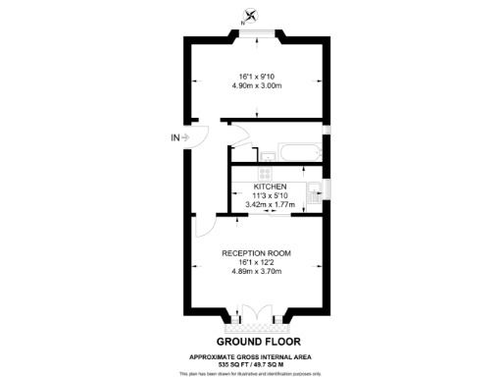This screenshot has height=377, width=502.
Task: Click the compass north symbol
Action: pos(251,15)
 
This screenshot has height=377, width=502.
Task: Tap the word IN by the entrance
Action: pos(175,138)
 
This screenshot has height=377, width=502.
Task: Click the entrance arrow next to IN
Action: pos(185,138)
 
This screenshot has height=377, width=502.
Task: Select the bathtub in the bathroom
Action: pos(300,153)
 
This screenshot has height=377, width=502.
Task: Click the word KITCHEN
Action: pos(270,186)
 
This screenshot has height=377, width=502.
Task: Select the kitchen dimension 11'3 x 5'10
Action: pos(270,194)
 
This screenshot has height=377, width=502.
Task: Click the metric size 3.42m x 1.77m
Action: pos(270,204)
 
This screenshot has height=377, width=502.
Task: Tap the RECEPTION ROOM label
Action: pos(256,252)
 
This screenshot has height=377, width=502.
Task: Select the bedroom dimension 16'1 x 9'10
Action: pos(257,77)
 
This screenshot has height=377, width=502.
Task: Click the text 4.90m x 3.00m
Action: pos(257,86)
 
